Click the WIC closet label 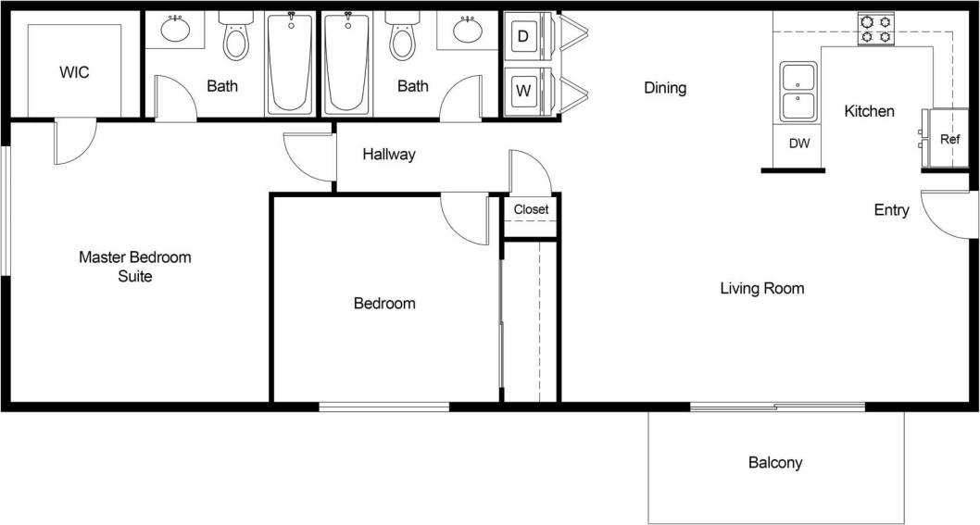[74, 72]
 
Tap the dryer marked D [524, 37]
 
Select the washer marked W [524, 91]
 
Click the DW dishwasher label [799, 144]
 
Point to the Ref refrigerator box [949, 139]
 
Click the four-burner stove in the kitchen [875, 29]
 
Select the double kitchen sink [798, 92]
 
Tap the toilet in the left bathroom [236, 38]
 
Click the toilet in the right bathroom [403, 38]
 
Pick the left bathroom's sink [176, 31]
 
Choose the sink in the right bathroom [469, 31]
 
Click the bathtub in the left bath [290, 62]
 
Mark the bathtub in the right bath [347, 62]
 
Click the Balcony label [775, 462]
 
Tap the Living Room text [761, 289]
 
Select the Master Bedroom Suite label [134, 266]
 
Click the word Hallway [389, 155]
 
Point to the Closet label [531, 209]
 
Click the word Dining [665, 88]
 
